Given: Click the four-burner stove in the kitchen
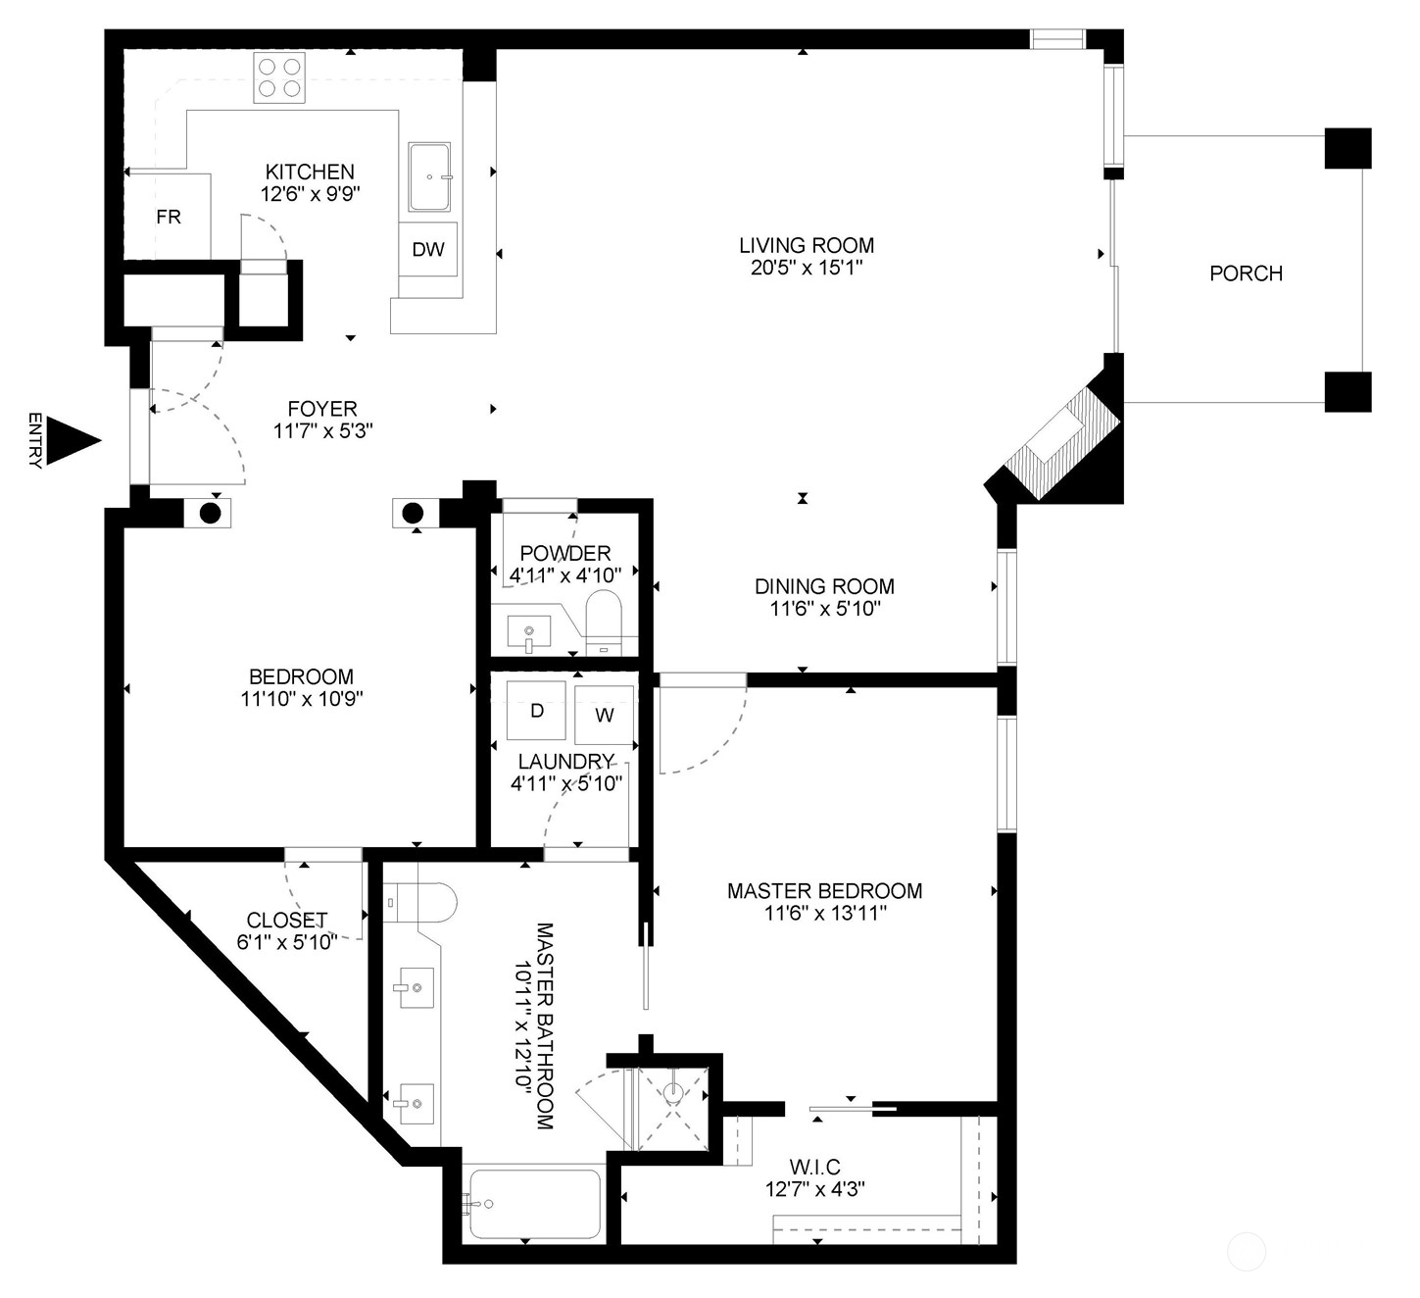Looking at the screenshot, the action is point(279,77).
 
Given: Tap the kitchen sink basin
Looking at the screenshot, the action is point(429,177).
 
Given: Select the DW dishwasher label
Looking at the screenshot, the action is point(428,249).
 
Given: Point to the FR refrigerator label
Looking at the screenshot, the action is point(169,217).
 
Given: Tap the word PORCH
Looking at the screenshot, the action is point(1246,274).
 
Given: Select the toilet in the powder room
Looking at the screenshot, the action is point(604,623).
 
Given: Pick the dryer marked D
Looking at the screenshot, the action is point(536,711).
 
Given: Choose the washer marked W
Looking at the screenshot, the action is point(604,716).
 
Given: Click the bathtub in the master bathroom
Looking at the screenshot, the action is point(535,1204).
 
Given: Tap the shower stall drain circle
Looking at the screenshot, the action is point(672,1094).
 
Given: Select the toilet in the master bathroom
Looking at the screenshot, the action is point(420,902).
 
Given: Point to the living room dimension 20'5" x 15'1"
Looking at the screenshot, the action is point(807,268).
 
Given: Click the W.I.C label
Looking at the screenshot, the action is point(814,1167).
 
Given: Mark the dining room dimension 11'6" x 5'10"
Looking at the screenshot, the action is point(825,608).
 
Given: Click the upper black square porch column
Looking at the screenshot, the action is point(1347,148).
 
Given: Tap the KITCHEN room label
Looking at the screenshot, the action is point(310,173).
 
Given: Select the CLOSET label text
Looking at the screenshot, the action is point(287,920).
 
